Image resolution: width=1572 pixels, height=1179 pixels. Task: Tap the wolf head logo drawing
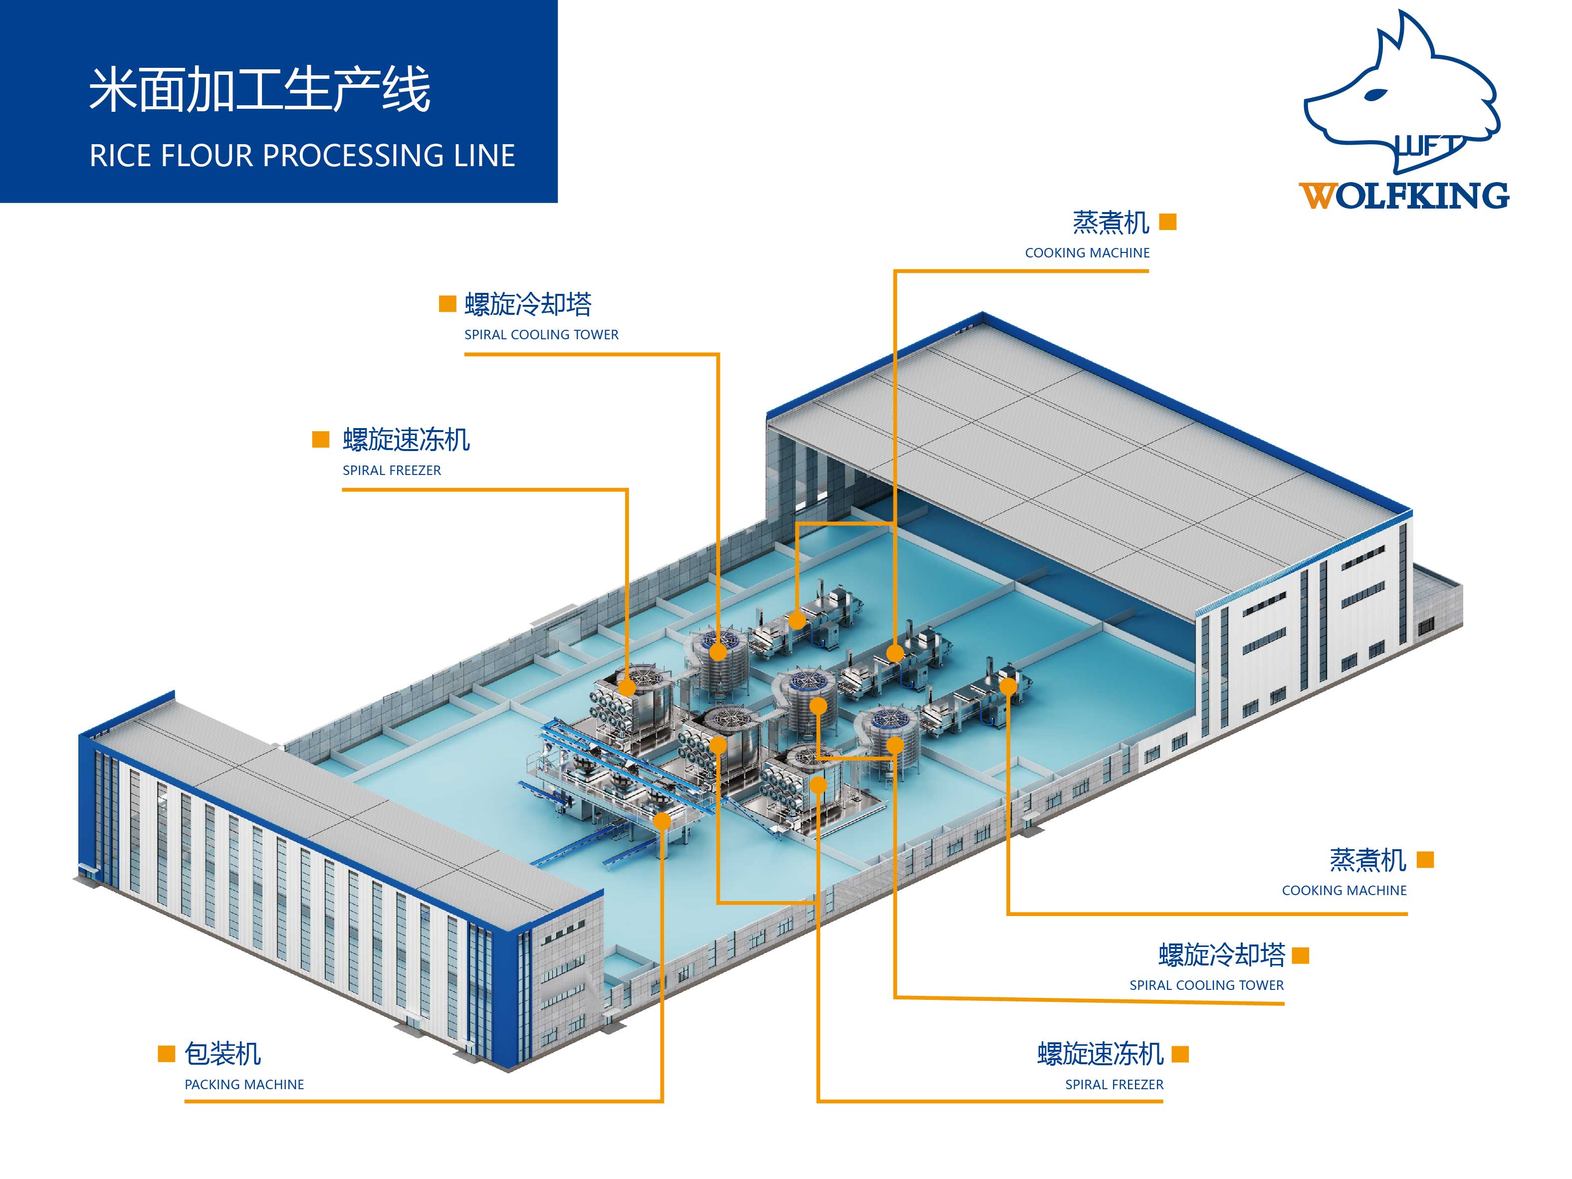tap(1400, 92)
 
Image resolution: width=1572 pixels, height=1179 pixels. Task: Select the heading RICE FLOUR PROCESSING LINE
tap(302, 156)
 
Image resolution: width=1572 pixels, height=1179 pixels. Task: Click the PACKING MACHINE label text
tap(244, 1085)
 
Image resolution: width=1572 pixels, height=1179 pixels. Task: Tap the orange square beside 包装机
tap(166, 1053)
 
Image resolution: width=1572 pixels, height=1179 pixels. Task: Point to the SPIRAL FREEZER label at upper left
tap(392, 471)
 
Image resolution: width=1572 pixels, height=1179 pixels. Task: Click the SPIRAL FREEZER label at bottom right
tap(1114, 1085)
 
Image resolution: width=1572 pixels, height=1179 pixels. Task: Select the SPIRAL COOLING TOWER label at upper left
tap(541, 335)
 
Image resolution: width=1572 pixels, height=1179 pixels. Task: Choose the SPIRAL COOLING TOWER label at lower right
tap(1206, 985)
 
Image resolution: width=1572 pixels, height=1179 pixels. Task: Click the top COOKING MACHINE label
tap(1087, 253)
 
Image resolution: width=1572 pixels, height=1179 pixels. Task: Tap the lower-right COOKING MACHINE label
tap(1344, 891)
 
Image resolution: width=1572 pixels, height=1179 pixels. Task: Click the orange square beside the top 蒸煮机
tap(1167, 223)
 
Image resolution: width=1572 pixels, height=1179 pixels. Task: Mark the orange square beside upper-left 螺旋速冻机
tap(320, 439)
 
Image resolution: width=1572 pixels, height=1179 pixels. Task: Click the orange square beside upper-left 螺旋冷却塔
tap(447, 304)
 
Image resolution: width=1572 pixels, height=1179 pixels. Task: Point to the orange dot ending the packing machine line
tap(662, 822)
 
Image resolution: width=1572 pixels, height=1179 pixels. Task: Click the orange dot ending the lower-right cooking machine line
tap(1008, 687)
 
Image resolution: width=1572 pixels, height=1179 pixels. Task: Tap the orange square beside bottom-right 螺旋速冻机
tap(1180, 1053)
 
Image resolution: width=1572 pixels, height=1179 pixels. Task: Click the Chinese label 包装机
tap(223, 1053)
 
